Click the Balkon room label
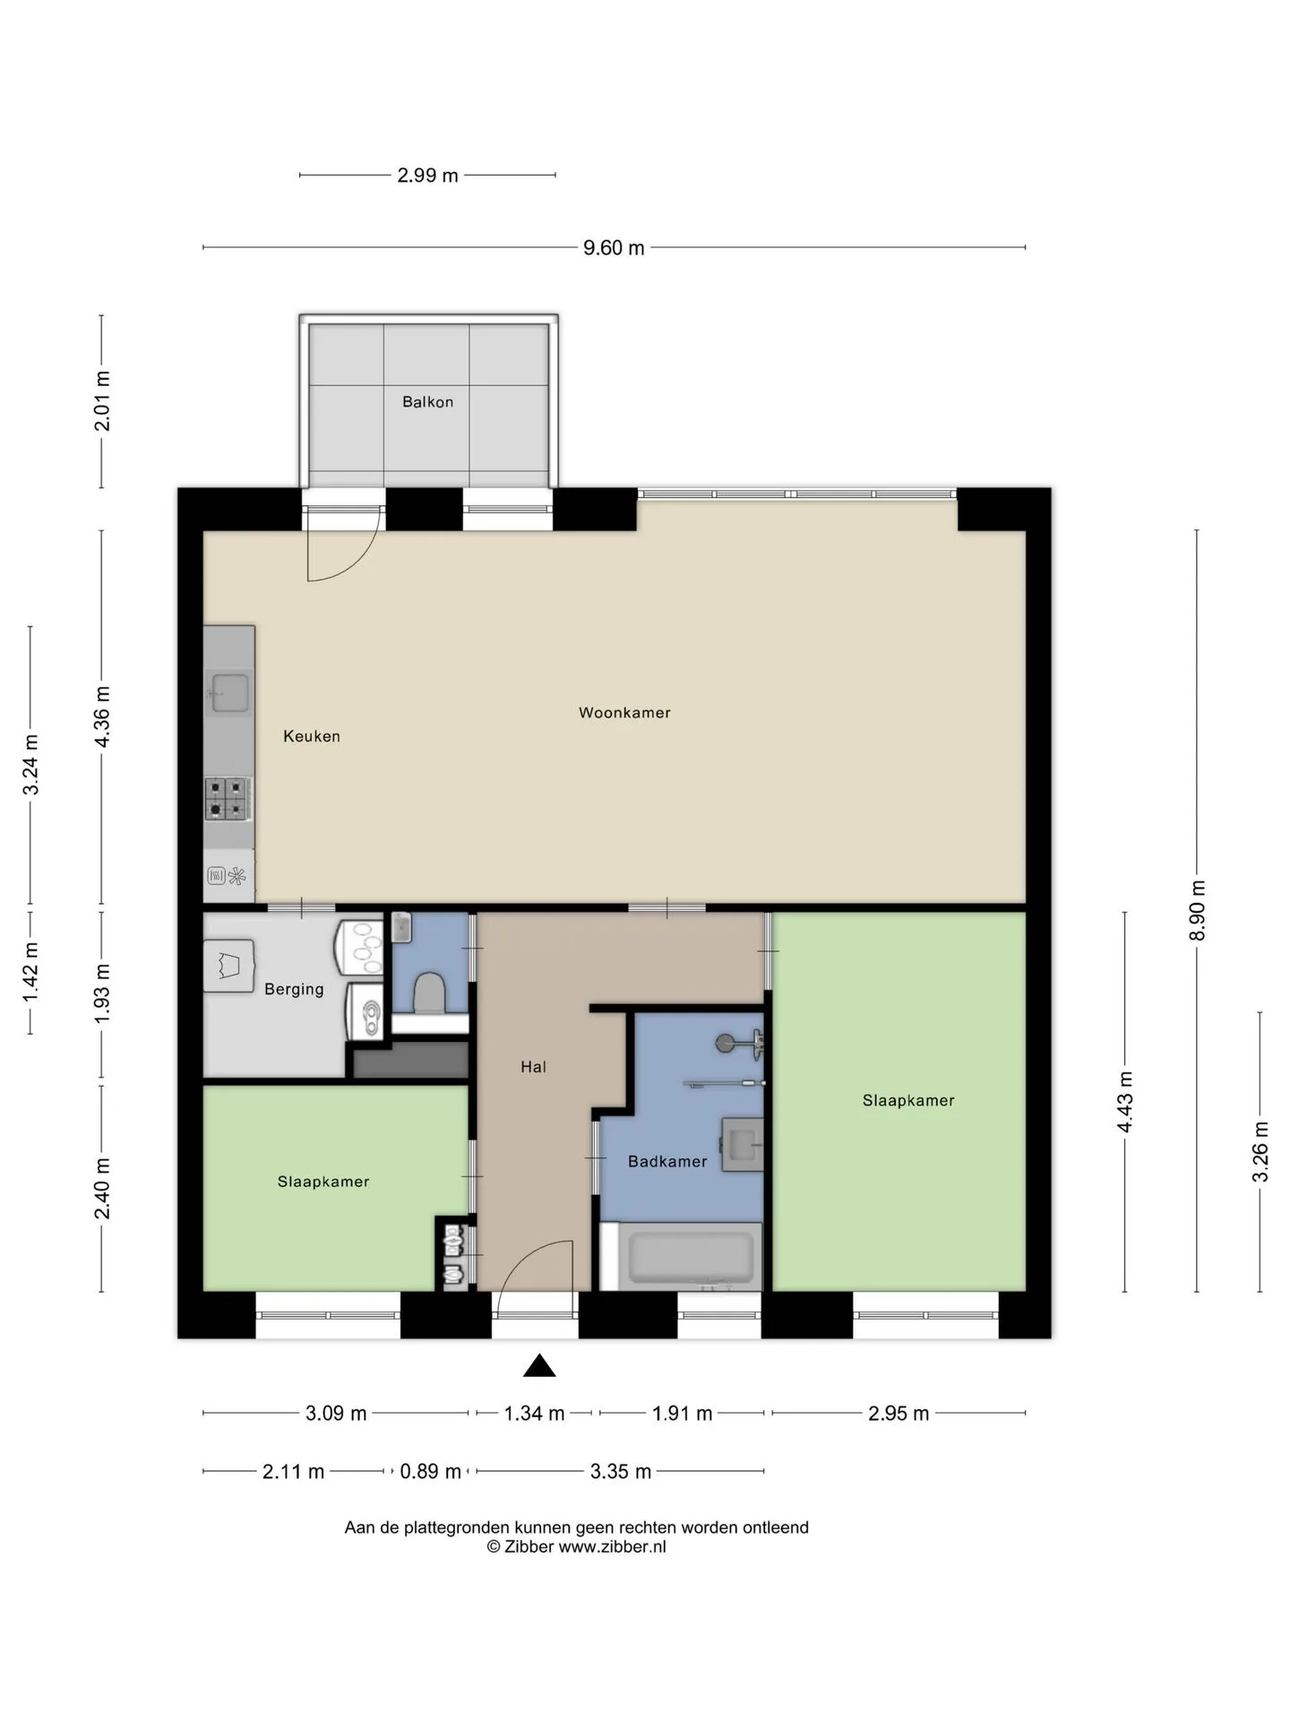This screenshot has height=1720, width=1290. click(427, 402)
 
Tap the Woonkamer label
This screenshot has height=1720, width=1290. click(624, 713)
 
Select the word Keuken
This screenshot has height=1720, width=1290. click(312, 736)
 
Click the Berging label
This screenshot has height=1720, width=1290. click(294, 989)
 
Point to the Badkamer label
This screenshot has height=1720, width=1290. click(667, 1162)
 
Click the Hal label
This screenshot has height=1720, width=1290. click(533, 1067)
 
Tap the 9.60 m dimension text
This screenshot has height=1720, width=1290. click(614, 248)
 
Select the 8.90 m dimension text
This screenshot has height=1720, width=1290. click(1197, 910)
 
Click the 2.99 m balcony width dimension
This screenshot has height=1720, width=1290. click(427, 176)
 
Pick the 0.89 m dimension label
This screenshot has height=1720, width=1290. click(430, 1471)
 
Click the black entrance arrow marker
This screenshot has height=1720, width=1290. click(539, 1365)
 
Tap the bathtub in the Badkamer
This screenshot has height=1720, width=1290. click(691, 1258)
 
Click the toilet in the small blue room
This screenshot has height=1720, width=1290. click(430, 993)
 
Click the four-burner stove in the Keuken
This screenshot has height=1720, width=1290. click(227, 799)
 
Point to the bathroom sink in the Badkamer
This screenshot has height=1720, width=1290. click(743, 1145)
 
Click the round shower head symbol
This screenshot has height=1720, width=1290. click(726, 1043)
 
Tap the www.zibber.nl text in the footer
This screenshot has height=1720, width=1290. click(613, 1547)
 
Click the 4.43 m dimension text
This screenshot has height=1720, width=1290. click(1125, 1102)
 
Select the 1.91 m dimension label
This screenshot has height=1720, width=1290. click(682, 1414)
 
